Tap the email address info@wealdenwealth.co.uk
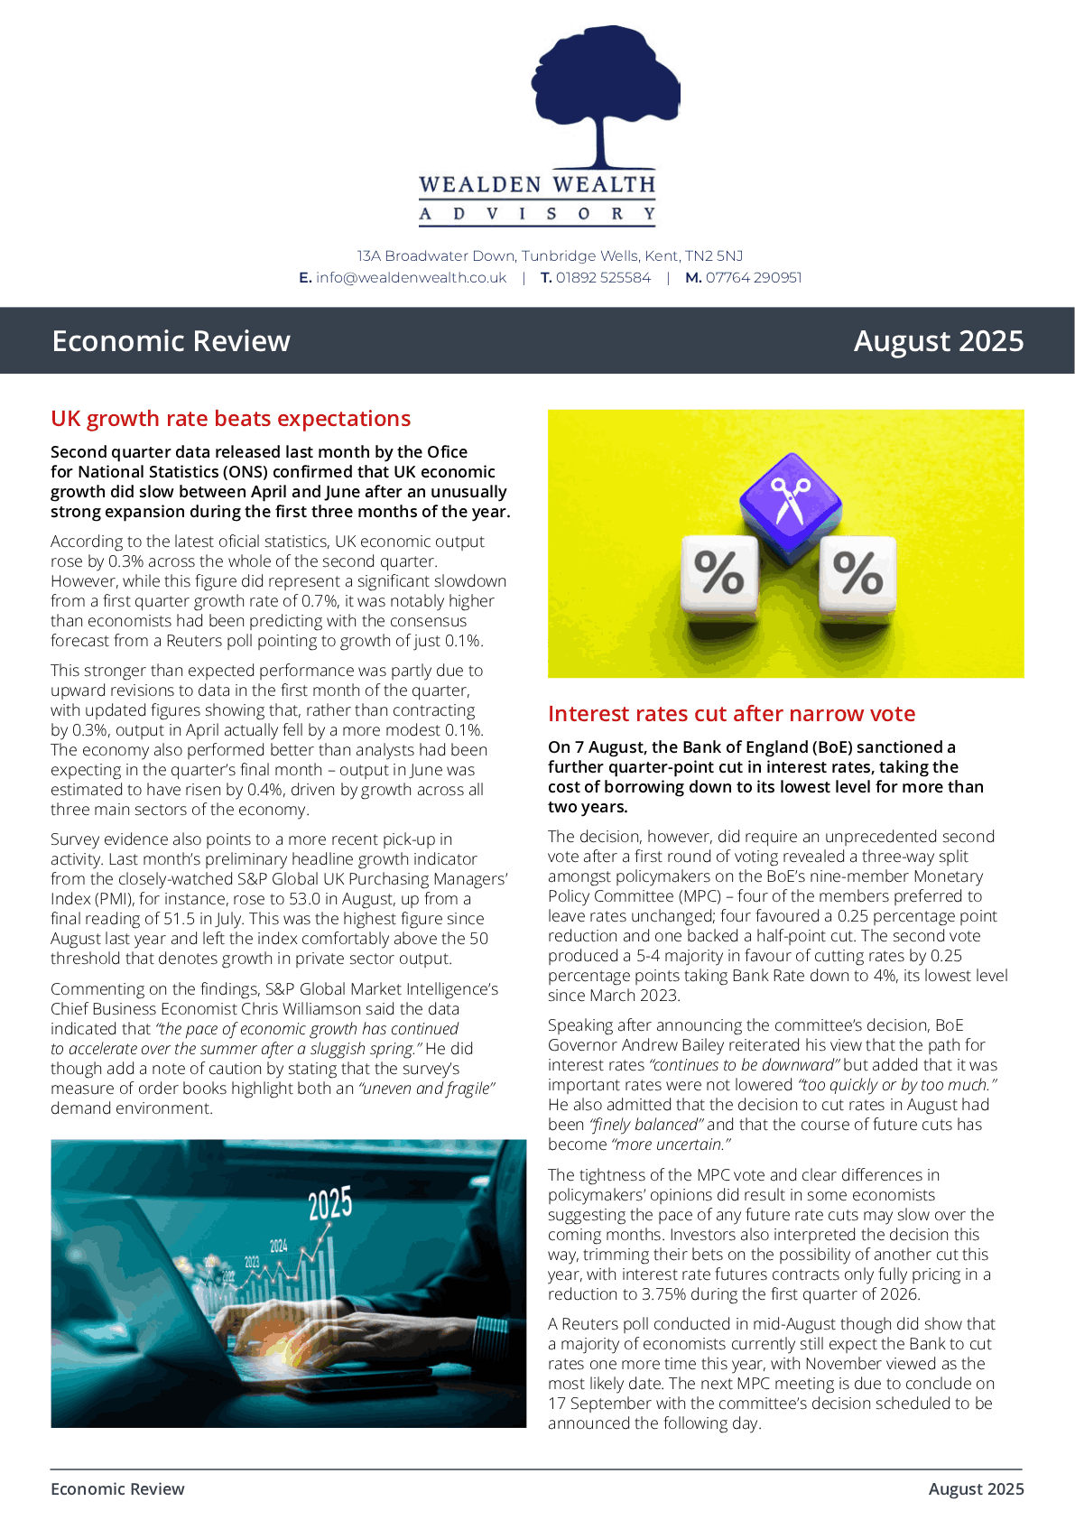tap(411, 278)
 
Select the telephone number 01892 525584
tap(603, 278)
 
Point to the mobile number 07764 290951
tap(754, 278)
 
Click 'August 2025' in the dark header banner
tap(939, 341)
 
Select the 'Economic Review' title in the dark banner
tap(171, 341)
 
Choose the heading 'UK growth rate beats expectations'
tap(231, 419)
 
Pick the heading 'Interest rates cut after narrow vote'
tap(731, 714)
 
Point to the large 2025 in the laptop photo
tap(329, 1204)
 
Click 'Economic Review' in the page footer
tap(117, 1489)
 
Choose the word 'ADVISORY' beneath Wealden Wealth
tap(537, 214)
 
